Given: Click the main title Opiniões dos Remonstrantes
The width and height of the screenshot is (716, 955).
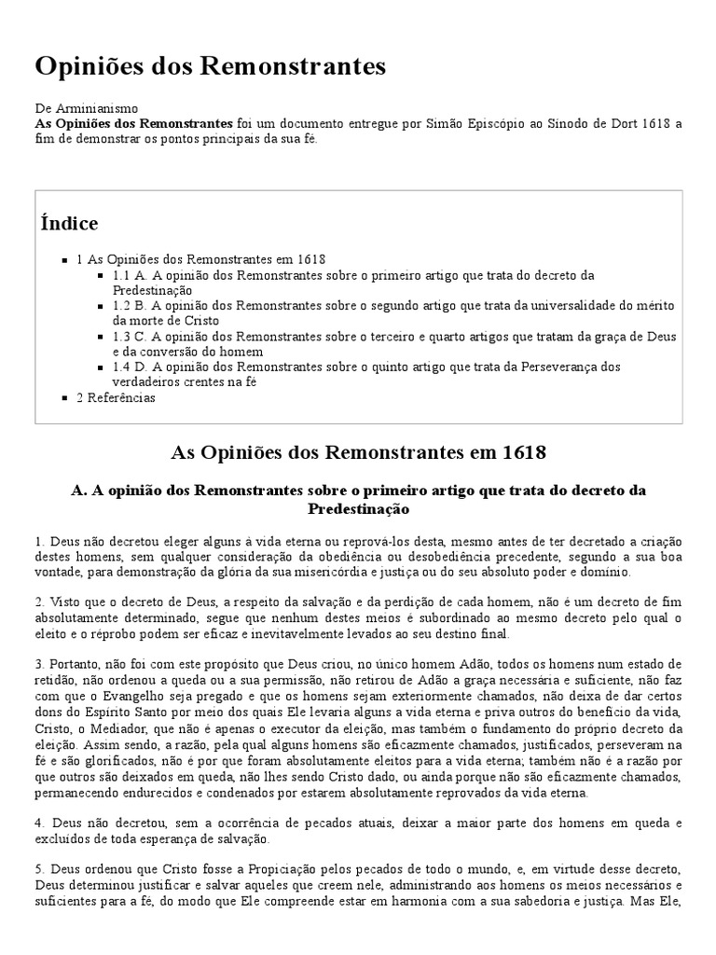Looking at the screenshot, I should coord(210,66).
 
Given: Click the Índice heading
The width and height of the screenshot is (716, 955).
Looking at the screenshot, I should coord(70,224).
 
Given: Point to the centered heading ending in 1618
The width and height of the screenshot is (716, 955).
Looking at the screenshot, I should coord(358,452).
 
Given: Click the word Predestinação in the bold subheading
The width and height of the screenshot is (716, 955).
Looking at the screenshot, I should coord(358,509).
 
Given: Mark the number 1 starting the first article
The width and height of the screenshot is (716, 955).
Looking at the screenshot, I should coord(38,541).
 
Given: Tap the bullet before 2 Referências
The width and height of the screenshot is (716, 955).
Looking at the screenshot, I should coord(64,398).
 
